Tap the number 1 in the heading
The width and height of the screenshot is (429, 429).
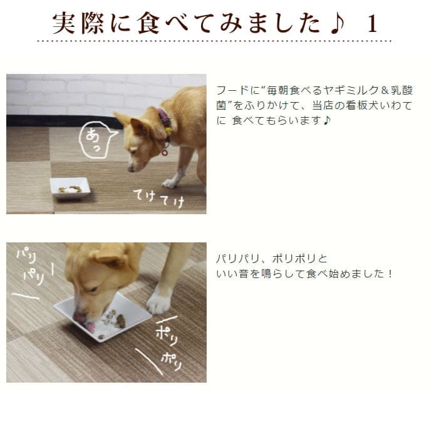point(373,24)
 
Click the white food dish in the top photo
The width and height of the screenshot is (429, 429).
point(70,187)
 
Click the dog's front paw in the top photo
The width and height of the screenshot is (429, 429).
point(170,183)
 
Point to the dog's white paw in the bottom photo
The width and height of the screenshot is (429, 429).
point(158,302)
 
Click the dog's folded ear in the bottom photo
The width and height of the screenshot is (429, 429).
point(111,256)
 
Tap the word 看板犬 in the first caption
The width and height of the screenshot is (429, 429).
point(373,105)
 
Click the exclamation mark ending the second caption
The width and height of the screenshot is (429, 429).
point(390,274)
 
